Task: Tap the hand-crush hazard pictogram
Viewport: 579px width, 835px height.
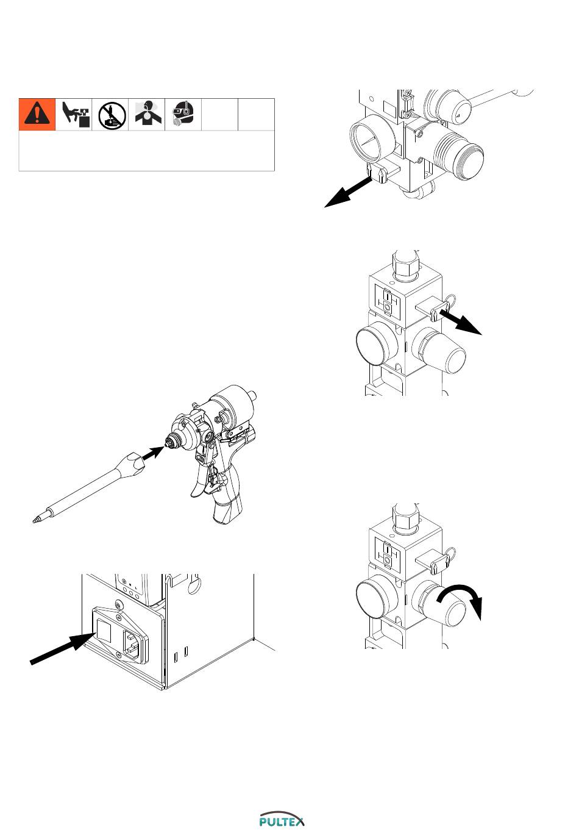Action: [x=75, y=115]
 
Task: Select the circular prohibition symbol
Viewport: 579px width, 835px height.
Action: [x=112, y=115]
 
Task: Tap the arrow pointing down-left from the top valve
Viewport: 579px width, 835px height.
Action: [x=348, y=192]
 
